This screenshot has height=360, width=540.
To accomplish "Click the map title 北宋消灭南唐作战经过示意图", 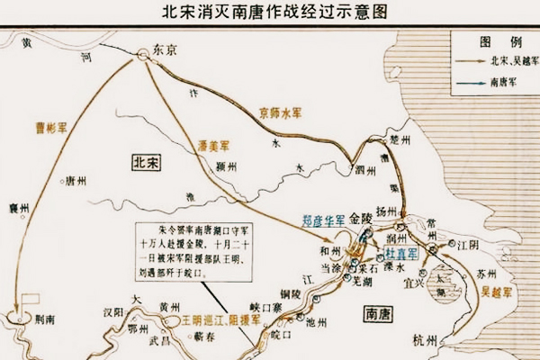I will coord(269,13).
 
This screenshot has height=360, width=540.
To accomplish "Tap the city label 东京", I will coord(166,49).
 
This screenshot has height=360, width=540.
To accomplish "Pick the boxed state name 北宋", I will coord(146,162).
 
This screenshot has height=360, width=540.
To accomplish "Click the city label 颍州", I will coord(227,167).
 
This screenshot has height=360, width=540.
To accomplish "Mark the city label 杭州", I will coord(424,341).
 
